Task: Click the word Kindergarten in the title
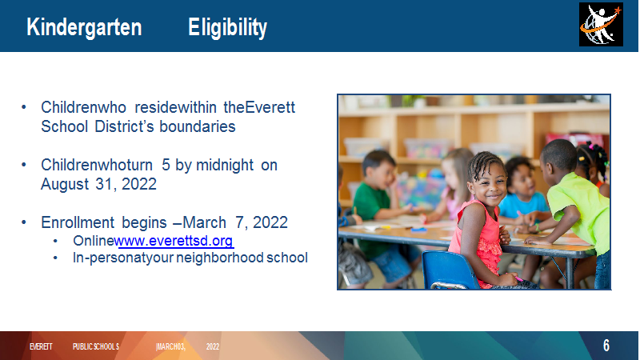(x=84, y=27)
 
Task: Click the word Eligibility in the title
(x=227, y=28)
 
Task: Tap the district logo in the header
(x=601, y=25)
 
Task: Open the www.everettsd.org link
(x=175, y=241)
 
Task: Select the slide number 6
(x=606, y=346)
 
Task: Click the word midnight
(x=225, y=166)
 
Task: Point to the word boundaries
(x=197, y=126)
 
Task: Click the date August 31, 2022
(x=98, y=184)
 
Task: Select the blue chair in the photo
(x=448, y=270)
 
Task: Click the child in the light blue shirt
(x=522, y=192)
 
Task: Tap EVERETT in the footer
(x=41, y=346)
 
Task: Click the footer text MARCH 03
(x=171, y=346)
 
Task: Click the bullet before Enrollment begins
(x=24, y=222)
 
